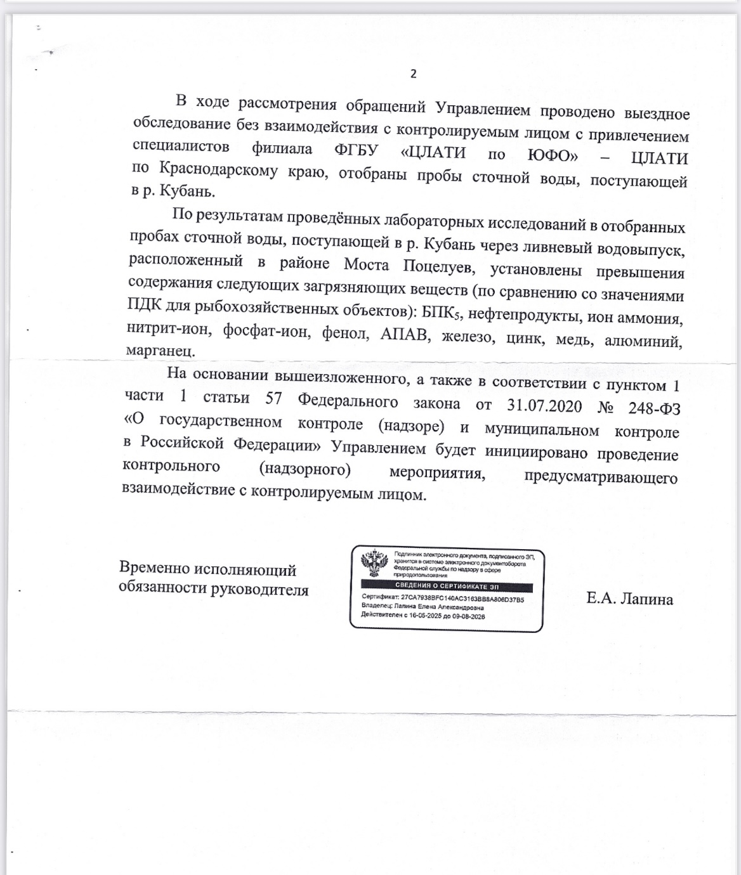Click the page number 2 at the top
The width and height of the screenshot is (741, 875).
[414, 74]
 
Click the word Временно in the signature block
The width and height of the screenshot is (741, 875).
[154, 568]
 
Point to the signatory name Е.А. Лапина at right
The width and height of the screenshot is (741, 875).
[629, 599]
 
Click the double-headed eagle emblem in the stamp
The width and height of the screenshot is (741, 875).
[375, 563]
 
